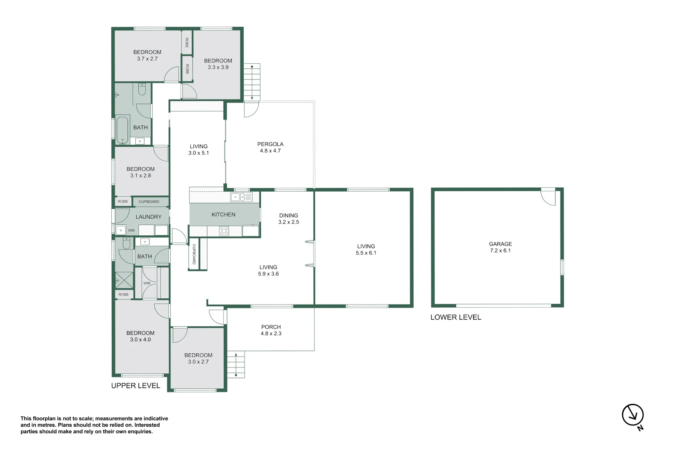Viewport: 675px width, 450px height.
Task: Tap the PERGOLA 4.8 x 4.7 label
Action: [x=270, y=147]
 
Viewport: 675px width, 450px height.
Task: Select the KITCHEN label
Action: [x=223, y=215]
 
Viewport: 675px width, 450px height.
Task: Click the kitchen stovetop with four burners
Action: [x=224, y=231]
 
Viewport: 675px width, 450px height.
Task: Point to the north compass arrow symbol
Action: [x=633, y=415]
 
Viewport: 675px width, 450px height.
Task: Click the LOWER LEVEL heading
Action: [x=455, y=317]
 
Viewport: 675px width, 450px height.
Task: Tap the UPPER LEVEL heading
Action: [x=135, y=386]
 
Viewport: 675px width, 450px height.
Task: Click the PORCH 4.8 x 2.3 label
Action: [x=271, y=330]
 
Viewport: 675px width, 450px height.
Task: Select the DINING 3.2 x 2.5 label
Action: [x=289, y=219]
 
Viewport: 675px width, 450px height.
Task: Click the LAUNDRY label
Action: [x=148, y=217]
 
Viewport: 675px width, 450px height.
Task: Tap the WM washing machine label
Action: [x=131, y=230]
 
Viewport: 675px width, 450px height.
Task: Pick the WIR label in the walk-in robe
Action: [x=147, y=283]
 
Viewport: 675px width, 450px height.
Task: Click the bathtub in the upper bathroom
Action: [x=122, y=130]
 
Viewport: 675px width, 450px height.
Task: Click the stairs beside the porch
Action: [x=236, y=365]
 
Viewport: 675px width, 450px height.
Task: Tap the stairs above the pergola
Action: [x=252, y=82]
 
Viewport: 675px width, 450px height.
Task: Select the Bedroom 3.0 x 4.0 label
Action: [x=140, y=336]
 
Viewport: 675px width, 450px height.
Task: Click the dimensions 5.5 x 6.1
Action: [x=366, y=253]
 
